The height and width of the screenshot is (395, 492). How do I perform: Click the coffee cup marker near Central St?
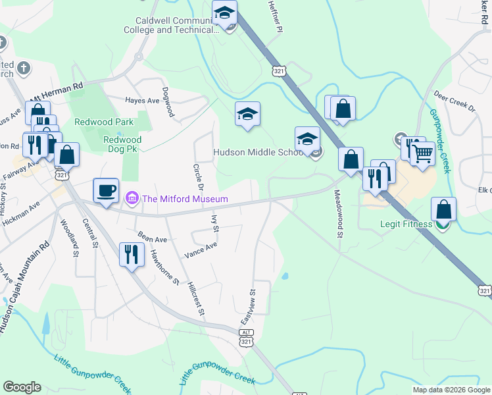pos(106,191)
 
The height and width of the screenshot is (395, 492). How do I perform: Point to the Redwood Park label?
pos(104,122)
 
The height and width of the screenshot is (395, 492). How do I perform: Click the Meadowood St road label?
pos(339,213)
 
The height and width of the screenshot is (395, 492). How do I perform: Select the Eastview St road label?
pos(249,305)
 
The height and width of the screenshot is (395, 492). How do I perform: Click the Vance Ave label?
pos(201,249)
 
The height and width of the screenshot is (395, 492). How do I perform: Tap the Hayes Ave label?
pos(143,101)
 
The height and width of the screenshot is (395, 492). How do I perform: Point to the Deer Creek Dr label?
pos(454,105)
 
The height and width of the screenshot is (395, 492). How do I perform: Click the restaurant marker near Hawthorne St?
pos(132,254)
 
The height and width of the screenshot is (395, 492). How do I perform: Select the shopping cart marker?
pos(422,154)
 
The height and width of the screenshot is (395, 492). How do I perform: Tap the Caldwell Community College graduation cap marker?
pos(224,13)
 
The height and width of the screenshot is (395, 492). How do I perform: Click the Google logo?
pos(22,387)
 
